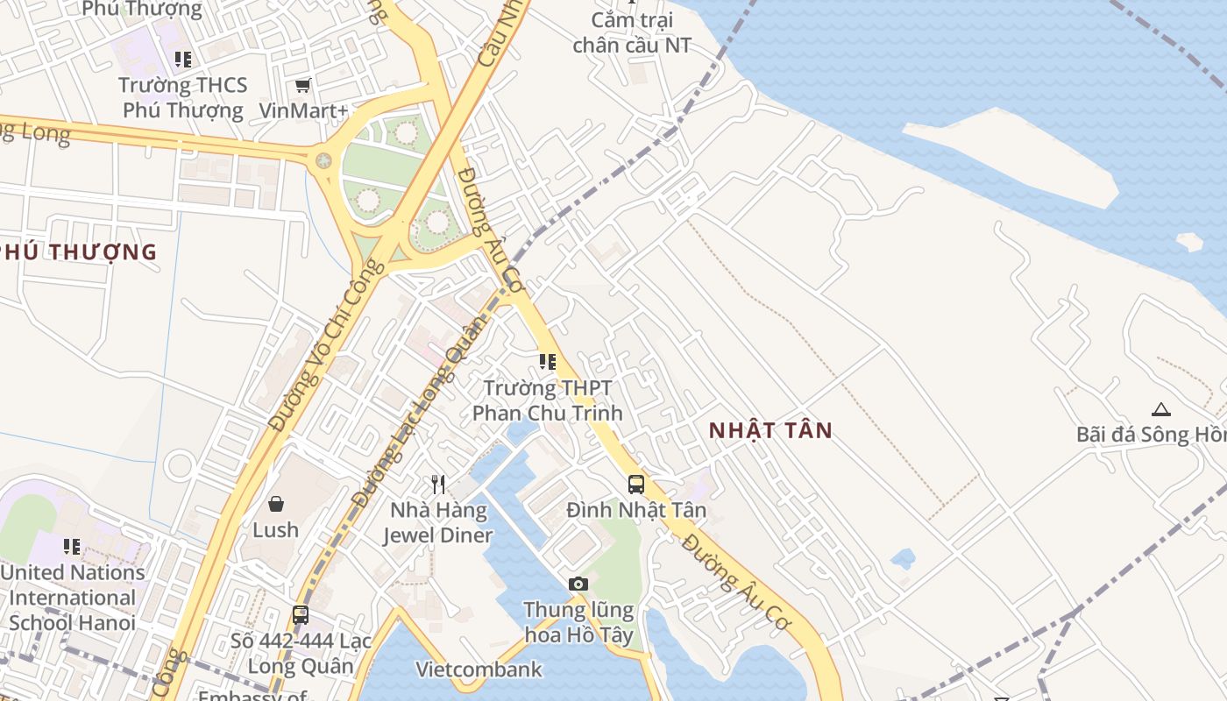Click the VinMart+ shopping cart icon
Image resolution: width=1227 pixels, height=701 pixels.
pyautogui.click(x=302, y=85)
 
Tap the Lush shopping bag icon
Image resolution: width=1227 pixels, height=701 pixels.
pyautogui.click(x=276, y=504)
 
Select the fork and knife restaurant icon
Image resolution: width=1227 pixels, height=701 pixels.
pyautogui.click(x=438, y=484)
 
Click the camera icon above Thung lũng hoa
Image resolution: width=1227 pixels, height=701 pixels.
pyautogui.click(x=578, y=584)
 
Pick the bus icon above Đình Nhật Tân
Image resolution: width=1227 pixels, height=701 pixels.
pyautogui.click(x=636, y=484)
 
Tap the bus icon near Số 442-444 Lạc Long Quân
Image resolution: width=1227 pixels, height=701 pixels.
pyautogui.click(x=301, y=615)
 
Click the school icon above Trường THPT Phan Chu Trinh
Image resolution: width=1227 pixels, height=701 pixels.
pyautogui.click(x=548, y=362)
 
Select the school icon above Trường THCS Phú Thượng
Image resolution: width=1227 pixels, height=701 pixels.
pyautogui.click(x=182, y=60)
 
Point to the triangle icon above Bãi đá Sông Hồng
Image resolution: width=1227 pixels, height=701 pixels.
pyautogui.click(x=1161, y=409)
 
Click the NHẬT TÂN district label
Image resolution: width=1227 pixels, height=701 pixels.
pyautogui.click(x=770, y=430)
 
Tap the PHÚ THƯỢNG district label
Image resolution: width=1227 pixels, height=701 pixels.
pyautogui.click(x=79, y=252)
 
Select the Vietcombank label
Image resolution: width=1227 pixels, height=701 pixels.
pyautogui.click(x=479, y=669)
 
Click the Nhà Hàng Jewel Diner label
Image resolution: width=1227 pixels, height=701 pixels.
pyautogui.click(x=438, y=522)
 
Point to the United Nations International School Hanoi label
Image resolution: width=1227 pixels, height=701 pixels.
pyautogui.click(x=73, y=598)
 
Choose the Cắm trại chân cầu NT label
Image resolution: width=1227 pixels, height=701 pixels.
pyautogui.click(x=632, y=32)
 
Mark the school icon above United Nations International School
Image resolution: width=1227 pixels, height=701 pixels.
pyautogui.click(x=72, y=547)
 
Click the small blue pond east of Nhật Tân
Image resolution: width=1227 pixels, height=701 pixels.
pyautogui.click(x=903, y=558)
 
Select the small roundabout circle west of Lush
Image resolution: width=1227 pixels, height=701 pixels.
pyautogui.click(x=180, y=465)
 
